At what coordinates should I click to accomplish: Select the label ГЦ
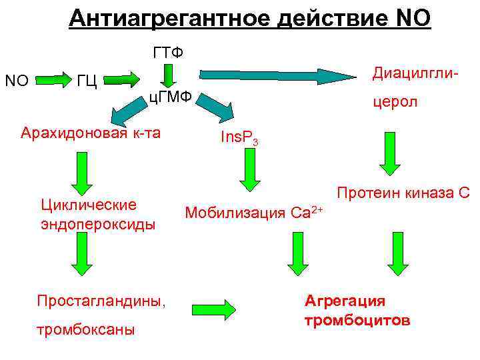tap(87, 81)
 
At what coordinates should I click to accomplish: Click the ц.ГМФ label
tap(169, 98)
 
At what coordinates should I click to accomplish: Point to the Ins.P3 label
tap(239, 139)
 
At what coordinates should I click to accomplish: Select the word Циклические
tap(89, 204)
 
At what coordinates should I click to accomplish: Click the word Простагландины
tap(101, 301)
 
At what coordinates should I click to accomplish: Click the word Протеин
tap(368, 193)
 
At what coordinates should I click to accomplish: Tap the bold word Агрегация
tap(345, 300)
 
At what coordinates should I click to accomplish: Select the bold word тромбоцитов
tap(357, 321)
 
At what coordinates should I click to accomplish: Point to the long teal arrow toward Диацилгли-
tap(279, 72)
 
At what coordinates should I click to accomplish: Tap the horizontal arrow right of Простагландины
tap(214, 308)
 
